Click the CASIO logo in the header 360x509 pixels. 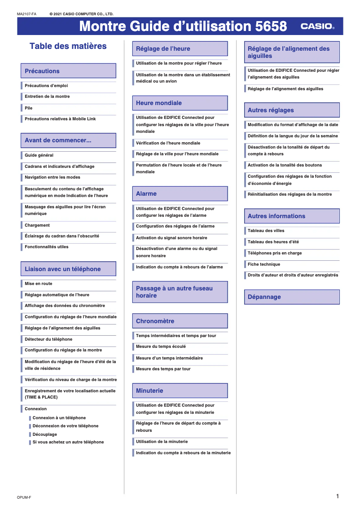tap(317, 26)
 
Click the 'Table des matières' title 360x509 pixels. tap(68, 46)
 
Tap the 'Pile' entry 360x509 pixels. tap(29, 108)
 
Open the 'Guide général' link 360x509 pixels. tap(39, 155)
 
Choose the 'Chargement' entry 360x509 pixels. tap(37, 225)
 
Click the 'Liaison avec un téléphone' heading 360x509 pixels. tap(63, 269)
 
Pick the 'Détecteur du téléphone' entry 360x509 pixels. tap(48, 339)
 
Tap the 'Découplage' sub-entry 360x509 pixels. tap(45, 434)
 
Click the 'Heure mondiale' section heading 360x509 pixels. tap(159, 103)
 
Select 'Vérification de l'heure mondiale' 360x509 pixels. tap(168, 143)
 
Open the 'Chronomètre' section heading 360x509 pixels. tap(155, 321)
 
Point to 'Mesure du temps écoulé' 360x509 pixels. tap(161, 347)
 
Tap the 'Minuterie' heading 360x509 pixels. tap(149, 391)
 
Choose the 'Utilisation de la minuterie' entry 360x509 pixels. tap(162, 442)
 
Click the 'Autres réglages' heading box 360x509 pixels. tap(271, 110)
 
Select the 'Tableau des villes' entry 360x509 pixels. tap(266, 231)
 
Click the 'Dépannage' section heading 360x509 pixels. tap(264, 297)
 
